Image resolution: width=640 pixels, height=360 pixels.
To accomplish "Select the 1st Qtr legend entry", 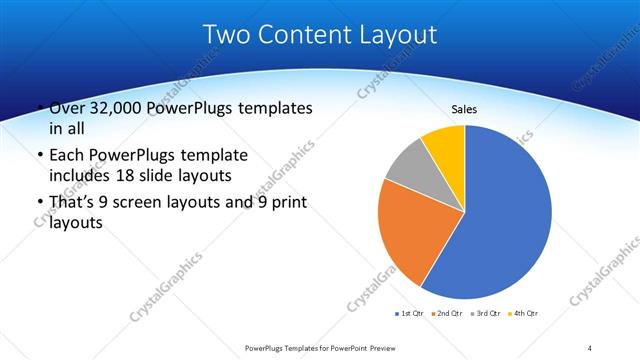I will coord(411,314).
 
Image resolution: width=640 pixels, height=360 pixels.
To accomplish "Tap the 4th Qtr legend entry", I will coord(525,314).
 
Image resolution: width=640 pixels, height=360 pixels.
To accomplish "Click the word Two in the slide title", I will coord(225,34).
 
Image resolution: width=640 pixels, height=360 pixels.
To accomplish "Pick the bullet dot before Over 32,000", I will coord(39,109).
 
